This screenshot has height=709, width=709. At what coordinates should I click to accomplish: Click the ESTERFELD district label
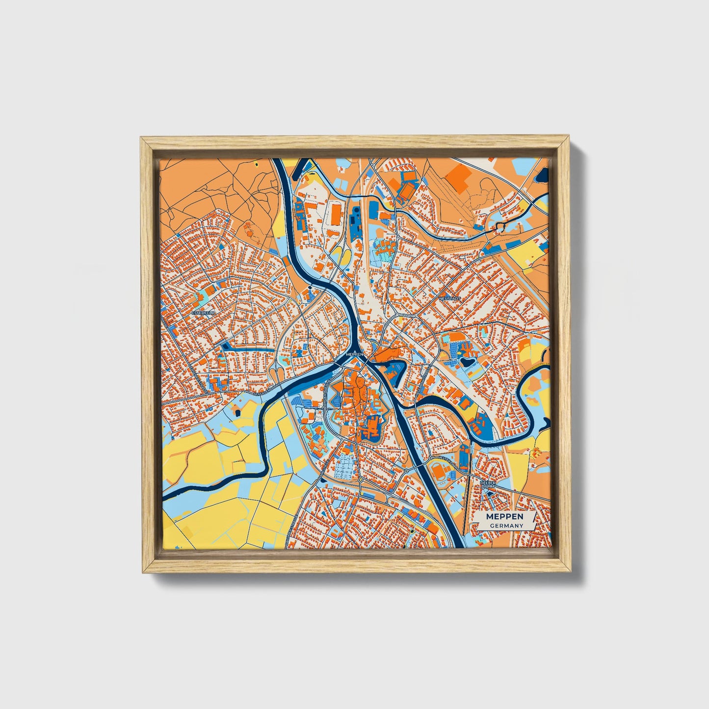pyautogui.click(x=201, y=312)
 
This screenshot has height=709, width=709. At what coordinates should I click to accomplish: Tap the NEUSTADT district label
pyautogui.click(x=450, y=298)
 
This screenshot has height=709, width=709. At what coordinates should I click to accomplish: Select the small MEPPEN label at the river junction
pyautogui.click(x=354, y=353)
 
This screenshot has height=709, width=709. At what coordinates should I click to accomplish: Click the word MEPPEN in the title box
pyautogui.click(x=504, y=517)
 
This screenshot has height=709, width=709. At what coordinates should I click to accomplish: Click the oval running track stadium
pyautogui.click(x=437, y=472)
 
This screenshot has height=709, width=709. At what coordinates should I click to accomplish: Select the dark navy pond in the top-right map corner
pyautogui.click(x=542, y=173)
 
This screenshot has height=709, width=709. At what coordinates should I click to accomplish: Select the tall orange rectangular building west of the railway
pyautogui.click(x=336, y=214)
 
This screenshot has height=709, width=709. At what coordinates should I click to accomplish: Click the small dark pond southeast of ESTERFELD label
pyautogui.click(x=226, y=345)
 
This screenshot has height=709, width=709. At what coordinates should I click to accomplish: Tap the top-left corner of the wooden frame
pyautogui.click(x=141, y=138)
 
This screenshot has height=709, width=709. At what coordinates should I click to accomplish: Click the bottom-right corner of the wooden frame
pyautogui.click(x=571, y=572)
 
